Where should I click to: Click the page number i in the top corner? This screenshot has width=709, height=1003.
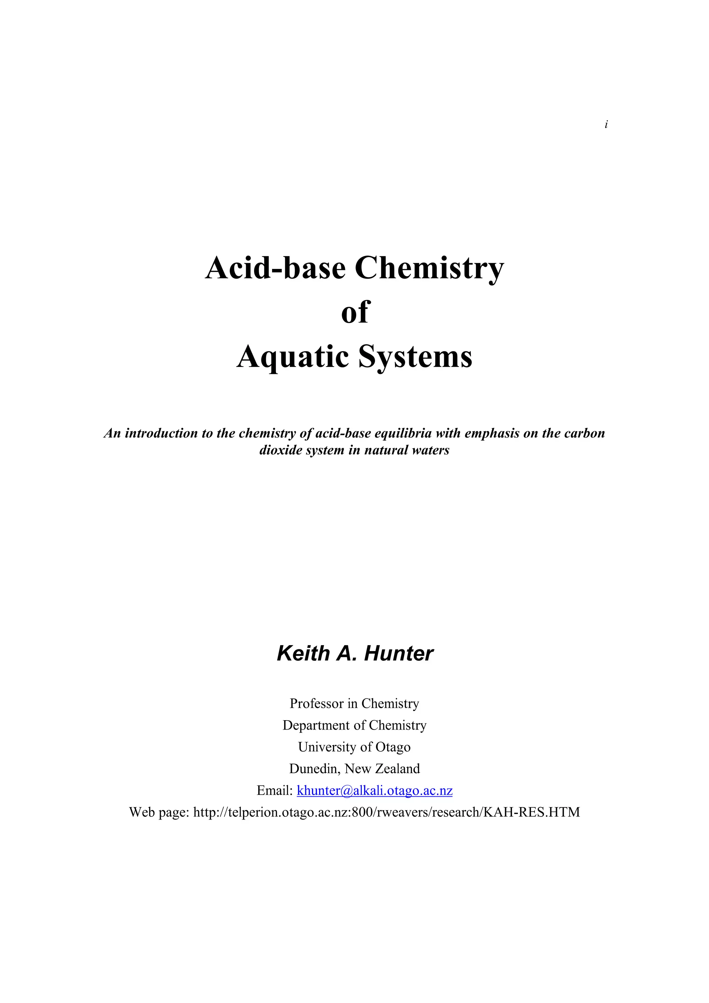point(606,125)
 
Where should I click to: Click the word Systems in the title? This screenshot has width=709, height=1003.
point(415,357)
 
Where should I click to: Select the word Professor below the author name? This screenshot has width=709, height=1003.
point(317,703)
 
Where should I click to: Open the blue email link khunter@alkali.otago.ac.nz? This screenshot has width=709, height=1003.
point(374,791)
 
